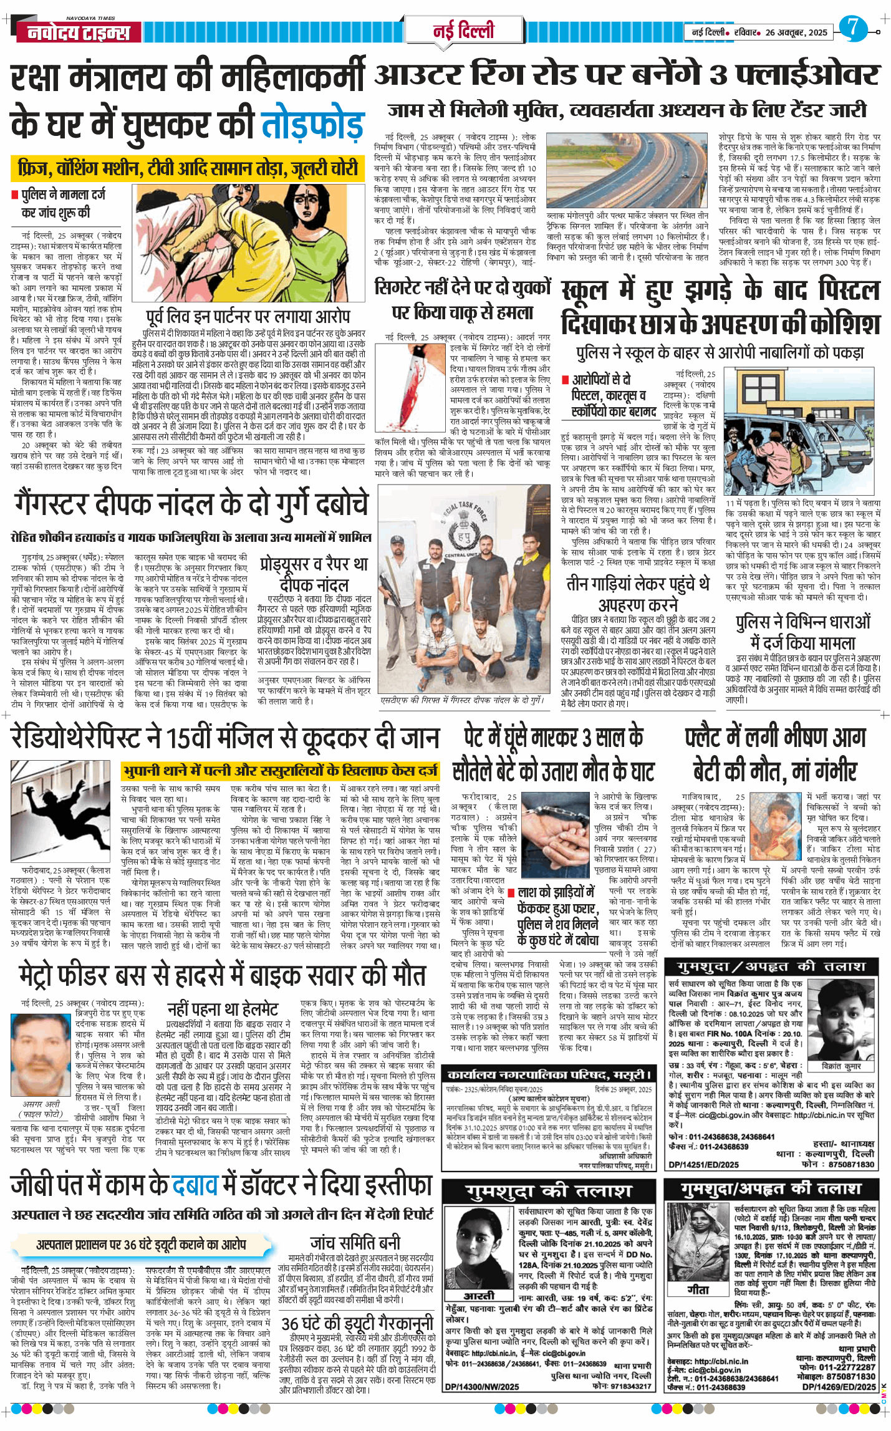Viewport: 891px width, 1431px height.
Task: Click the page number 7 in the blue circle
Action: click(x=852, y=29)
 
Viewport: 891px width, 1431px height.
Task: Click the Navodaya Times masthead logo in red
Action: click(x=79, y=32)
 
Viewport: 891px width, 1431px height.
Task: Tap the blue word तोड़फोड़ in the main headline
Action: click(x=312, y=124)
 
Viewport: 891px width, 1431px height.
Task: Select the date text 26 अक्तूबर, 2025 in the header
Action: click(x=796, y=32)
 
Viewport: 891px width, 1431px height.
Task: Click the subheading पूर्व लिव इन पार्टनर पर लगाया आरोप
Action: click(x=248, y=316)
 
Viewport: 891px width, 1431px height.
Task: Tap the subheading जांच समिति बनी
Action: click(x=355, y=1241)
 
